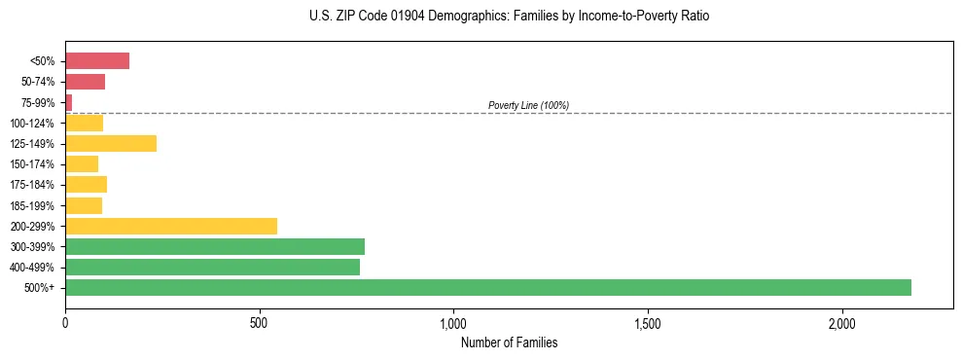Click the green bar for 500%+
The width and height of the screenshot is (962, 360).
[x=488, y=287]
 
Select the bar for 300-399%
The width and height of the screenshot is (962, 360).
[x=215, y=246]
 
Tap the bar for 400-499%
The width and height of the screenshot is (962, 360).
[x=212, y=267]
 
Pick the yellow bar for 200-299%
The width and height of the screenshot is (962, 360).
[x=171, y=226]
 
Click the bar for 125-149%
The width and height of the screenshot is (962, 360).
[x=111, y=143]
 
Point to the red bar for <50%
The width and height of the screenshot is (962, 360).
[x=97, y=61]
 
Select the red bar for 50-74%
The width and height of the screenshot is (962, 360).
[x=85, y=82]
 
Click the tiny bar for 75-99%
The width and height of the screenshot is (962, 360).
[x=69, y=102]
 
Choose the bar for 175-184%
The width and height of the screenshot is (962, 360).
[x=86, y=184]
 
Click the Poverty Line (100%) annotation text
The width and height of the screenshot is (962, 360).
[x=528, y=105]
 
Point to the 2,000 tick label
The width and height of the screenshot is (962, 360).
[x=842, y=323]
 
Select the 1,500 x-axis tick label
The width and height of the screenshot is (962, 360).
[x=648, y=323]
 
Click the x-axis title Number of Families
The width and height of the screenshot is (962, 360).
[x=509, y=342]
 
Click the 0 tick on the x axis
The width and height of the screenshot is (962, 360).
[x=65, y=323]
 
